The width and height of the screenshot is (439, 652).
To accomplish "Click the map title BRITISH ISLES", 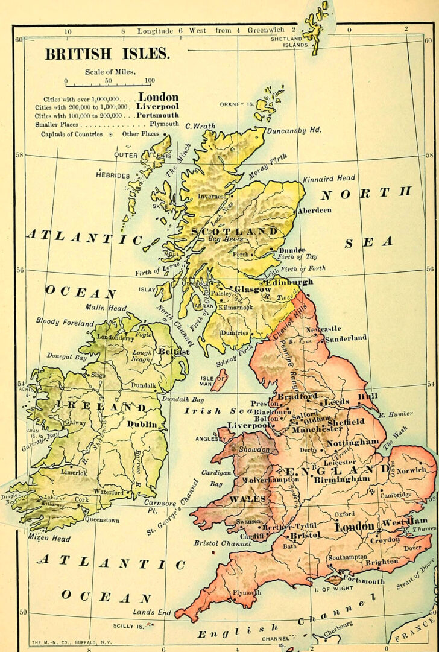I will point(107,54).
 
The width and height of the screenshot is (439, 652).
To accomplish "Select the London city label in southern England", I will point(355,527).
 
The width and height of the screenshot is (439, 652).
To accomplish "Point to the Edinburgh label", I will point(289,282).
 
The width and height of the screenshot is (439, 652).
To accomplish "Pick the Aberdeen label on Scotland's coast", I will point(314,210).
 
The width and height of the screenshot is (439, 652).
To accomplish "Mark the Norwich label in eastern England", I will point(411,469).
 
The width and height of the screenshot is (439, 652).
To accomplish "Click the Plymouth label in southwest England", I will point(247,593).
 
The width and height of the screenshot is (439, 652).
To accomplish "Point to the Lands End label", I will point(153,612).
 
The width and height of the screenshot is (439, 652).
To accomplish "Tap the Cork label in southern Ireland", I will point(81,499).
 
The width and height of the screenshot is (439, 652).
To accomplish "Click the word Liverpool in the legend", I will point(157,106).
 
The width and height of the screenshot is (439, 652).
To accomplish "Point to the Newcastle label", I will point(323,329).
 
